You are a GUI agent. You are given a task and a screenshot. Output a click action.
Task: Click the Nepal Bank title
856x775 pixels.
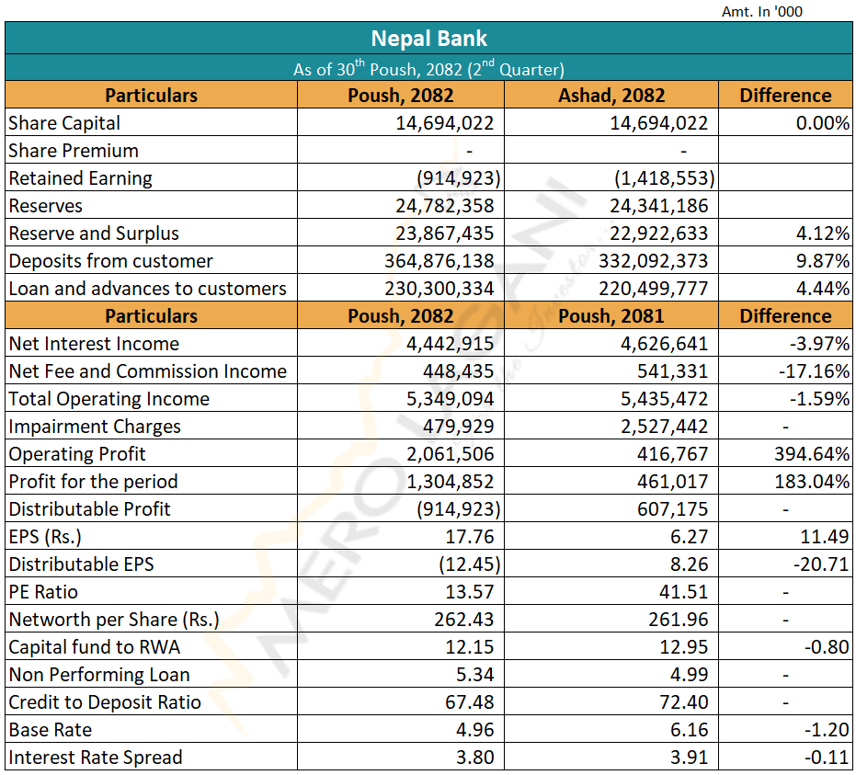(x=428, y=39)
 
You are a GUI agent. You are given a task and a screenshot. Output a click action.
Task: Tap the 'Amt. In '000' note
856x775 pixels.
(x=763, y=11)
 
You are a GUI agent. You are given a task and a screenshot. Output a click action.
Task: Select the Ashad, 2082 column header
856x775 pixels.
(x=611, y=96)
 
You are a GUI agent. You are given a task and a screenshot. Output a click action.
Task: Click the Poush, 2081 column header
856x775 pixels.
(x=611, y=316)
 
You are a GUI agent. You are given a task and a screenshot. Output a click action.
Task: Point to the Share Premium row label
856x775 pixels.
(x=74, y=151)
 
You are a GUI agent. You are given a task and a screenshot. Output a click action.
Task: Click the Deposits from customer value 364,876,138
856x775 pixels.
(x=439, y=261)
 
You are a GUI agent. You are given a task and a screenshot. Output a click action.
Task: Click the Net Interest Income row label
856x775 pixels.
(x=94, y=344)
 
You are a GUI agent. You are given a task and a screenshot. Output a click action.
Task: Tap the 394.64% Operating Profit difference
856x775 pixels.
(x=810, y=454)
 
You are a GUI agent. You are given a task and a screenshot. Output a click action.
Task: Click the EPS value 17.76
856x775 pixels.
(x=470, y=537)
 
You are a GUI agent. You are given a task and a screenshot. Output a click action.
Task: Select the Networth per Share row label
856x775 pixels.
(x=114, y=620)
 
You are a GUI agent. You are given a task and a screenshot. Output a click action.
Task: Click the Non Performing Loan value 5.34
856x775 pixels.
(x=475, y=675)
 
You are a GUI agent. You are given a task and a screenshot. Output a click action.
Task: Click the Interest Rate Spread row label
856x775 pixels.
(x=96, y=758)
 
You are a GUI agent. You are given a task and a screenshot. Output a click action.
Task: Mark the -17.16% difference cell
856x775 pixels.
(x=816, y=371)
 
